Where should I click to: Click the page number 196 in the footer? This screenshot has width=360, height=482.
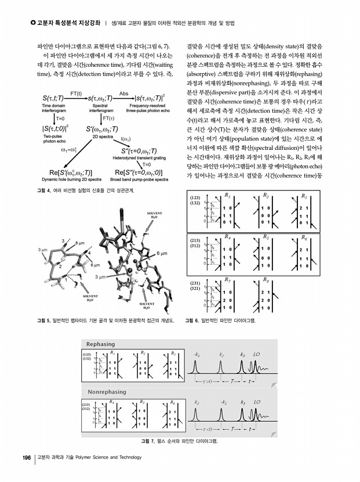point(27,458)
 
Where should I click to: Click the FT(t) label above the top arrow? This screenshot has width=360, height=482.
point(75,93)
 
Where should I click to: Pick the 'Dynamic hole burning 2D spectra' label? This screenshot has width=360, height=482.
point(68,179)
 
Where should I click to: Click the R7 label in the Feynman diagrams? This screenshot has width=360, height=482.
point(227,279)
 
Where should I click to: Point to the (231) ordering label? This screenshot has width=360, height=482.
point(195,283)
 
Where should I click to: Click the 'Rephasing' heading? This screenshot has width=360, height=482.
point(100,344)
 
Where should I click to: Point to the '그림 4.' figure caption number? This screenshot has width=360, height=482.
point(44,190)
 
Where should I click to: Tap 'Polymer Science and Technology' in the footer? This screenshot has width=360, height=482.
point(103,458)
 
